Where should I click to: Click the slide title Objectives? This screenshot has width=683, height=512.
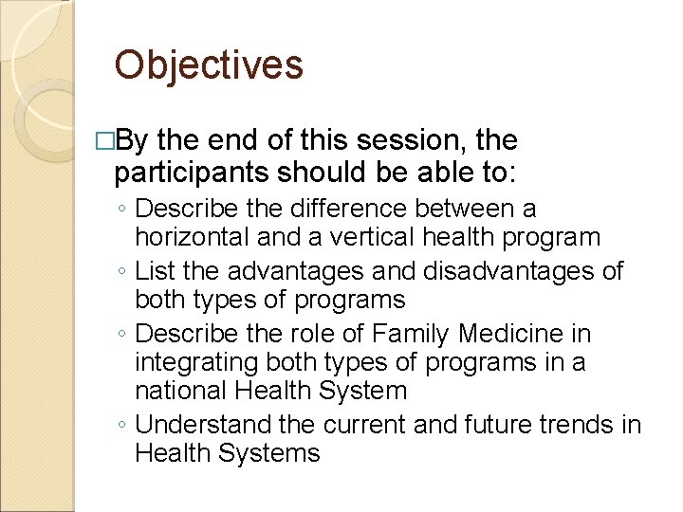pyautogui.click(x=208, y=65)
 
